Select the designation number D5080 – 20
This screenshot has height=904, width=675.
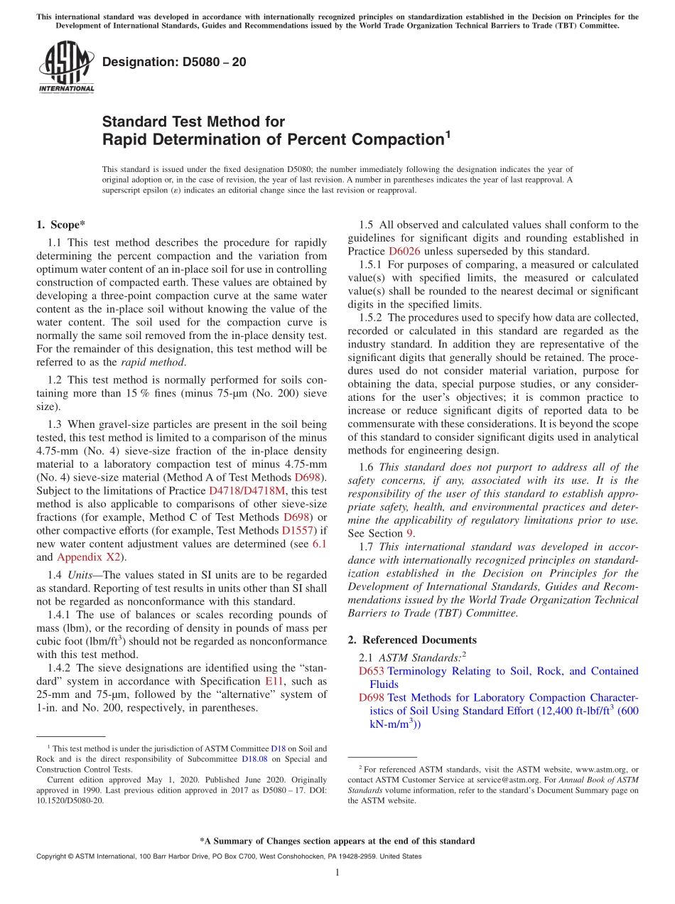point(174,62)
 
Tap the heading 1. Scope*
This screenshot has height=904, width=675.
point(60,225)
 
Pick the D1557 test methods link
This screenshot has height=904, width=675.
point(299,531)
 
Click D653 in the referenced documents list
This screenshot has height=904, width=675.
point(372,671)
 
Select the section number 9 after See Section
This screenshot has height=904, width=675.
point(411,533)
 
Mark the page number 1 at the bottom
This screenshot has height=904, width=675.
point(337,873)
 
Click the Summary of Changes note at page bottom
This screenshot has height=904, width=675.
point(337,841)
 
